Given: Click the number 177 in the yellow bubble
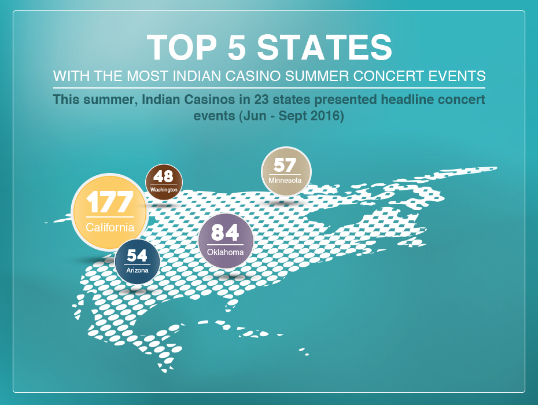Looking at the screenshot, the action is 109,202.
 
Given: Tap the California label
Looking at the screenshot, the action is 110,227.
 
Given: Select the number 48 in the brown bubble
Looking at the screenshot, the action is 163,176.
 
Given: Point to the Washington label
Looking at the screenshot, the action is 164,190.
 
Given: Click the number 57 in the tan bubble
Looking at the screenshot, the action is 285,165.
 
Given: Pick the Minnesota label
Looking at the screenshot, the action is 285,180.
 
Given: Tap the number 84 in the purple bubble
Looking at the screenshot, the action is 225,233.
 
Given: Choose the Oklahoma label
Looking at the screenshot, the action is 225,252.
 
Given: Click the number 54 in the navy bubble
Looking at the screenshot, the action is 137,256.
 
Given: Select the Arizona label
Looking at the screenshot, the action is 137,270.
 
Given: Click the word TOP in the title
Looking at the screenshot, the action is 182,47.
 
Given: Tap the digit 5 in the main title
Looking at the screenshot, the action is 237,47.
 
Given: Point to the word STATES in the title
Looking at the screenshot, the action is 325,47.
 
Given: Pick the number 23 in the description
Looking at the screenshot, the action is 261,100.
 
